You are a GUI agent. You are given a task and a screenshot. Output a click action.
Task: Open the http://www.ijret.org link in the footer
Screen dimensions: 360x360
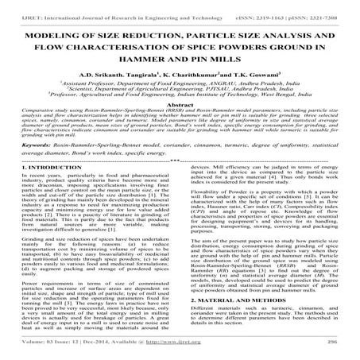pyautogui.click(x=191, y=349)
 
